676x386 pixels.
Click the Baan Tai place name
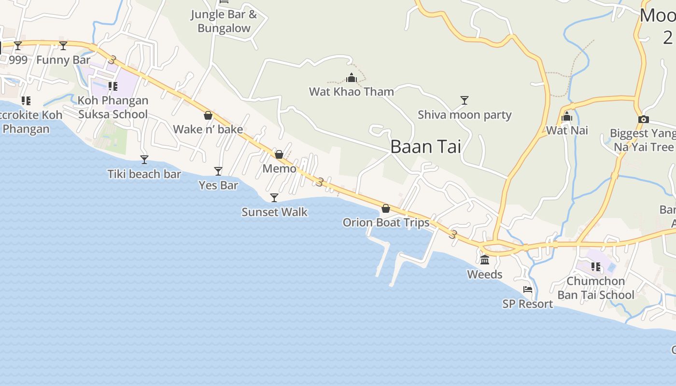425,147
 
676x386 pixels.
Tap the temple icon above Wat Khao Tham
352,78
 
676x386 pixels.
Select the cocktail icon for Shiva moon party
464,100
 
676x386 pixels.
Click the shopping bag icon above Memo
279,154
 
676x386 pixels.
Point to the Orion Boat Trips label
386,222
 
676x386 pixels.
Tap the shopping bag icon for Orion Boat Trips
385,208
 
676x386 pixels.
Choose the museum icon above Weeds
485,260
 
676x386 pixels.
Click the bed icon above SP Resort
528,289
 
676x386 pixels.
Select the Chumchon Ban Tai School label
595,288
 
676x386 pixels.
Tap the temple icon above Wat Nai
567,117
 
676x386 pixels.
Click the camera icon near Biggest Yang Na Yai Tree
643,119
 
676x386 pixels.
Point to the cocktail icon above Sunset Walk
274,198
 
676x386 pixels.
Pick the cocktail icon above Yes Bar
218,171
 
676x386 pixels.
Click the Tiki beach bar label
144,174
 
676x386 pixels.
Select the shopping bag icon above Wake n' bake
208,115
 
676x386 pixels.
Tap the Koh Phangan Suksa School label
113,108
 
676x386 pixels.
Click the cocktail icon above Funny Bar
63,46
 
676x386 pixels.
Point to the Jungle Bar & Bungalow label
224,21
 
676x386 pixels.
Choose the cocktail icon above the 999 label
18,46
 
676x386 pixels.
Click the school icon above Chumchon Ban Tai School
596,266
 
